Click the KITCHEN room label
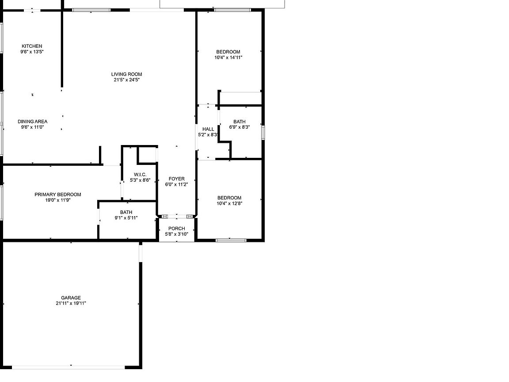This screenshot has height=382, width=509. click(x=32, y=46)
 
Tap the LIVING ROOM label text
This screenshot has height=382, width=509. click(x=127, y=74)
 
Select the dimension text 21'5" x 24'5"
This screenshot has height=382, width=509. click(x=127, y=80)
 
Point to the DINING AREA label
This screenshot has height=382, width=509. click(x=32, y=122)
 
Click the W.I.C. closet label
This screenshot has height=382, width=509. click(x=140, y=175)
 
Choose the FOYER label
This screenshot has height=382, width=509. click(x=177, y=179)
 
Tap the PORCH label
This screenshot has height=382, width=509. click(x=177, y=228)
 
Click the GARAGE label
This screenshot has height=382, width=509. click(x=71, y=298)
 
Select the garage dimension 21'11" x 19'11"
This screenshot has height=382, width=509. click(x=71, y=303)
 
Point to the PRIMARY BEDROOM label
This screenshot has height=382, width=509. click(x=58, y=195)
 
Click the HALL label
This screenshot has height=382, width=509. click(x=208, y=129)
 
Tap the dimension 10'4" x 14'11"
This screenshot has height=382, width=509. click(x=228, y=57)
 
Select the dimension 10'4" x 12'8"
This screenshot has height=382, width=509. click(x=229, y=204)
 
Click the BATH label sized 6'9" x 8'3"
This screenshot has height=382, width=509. click(x=239, y=122)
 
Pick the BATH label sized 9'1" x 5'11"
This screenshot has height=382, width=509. click(x=126, y=212)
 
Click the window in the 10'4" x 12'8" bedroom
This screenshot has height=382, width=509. click(x=231, y=241)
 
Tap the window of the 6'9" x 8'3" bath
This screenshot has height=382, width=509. click(x=263, y=133)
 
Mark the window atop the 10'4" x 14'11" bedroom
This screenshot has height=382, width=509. click(x=232, y=10)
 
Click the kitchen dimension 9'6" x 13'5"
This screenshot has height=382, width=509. click(x=32, y=52)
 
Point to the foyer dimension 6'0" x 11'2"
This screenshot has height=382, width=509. click(x=177, y=184)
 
